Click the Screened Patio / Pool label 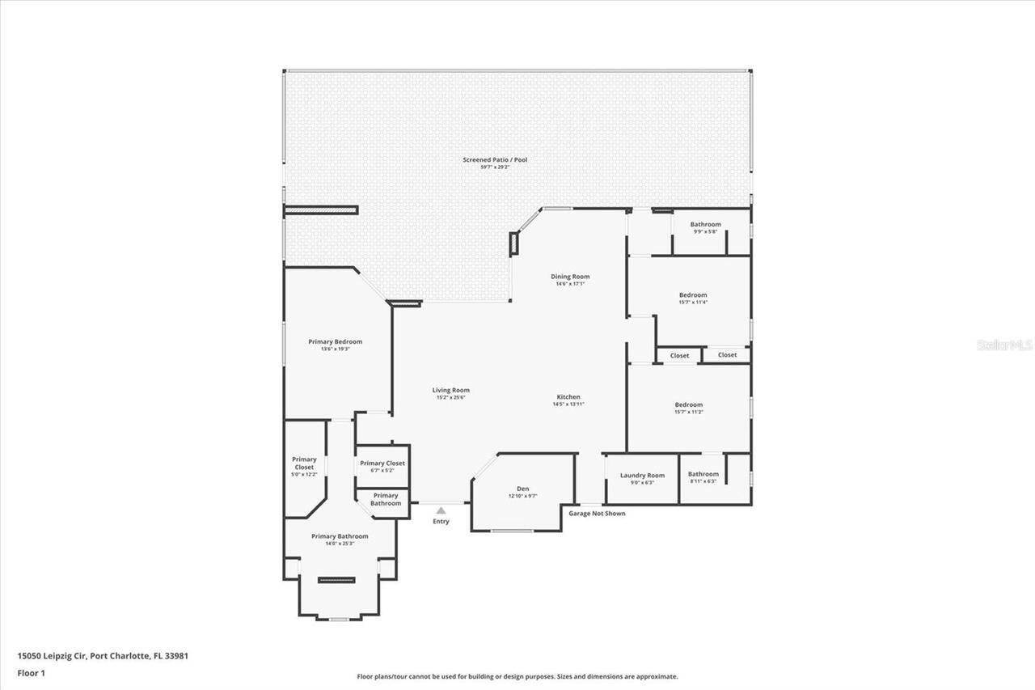tap(495, 160)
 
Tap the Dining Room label tap(570, 277)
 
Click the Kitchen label tap(568, 396)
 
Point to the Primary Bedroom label tap(335, 341)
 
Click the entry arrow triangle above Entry tap(441, 510)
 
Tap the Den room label tap(523, 489)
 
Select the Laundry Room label tap(642, 475)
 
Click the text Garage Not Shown tap(597, 513)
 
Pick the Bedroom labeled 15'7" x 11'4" tap(692, 295)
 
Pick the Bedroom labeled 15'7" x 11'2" tap(689, 404)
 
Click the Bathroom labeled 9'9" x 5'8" tap(705, 224)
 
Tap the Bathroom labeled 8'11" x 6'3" tap(703, 474)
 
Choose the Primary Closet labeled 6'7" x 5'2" tap(382, 464)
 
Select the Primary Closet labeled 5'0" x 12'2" tap(304, 464)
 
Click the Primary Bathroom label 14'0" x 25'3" tap(340, 536)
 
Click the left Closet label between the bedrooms tap(679, 355)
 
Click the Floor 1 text tap(31, 672)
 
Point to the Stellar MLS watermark tap(1004, 345)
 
